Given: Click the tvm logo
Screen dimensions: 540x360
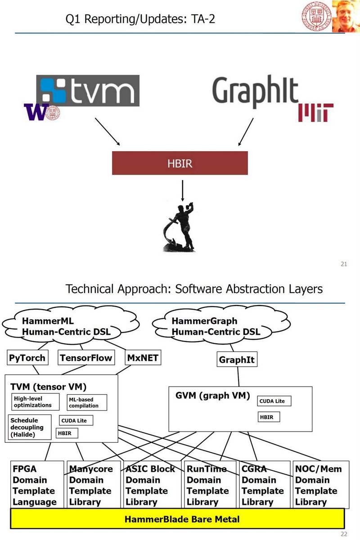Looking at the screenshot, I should (88, 90).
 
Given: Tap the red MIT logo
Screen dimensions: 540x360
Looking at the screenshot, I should (315, 112).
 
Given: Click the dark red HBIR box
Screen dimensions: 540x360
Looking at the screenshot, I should (180, 163).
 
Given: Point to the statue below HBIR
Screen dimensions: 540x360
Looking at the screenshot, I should (180, 227).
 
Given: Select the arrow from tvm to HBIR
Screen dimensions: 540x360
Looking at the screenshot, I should (107, 132).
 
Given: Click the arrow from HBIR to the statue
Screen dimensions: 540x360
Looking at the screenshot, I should (182, 190).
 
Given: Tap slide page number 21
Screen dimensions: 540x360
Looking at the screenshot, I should (343, 264).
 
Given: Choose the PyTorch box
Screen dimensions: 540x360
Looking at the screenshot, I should (27, 358).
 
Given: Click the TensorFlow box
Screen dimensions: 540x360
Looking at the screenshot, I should (85, 358).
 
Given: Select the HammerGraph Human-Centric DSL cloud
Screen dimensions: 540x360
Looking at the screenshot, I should (216, 327).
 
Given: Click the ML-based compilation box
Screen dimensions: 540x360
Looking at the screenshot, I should (87, 403).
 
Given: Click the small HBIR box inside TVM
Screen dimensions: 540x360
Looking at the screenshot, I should (67, 433).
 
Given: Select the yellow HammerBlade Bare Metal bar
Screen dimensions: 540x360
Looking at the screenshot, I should (178, 519).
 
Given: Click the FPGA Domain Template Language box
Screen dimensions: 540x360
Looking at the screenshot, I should (36, 485).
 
